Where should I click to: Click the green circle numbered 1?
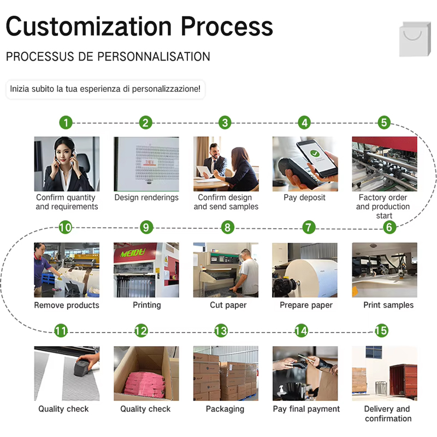pyautogui.click(x=66, y=122)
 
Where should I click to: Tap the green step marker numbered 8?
pyautogui.click(x=227, y=227)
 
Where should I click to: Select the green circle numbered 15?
pyautogui.click(x=381, y=331)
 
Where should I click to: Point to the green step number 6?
pyautogui.click(x=389, y=227)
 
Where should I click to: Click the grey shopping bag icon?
pyautogui.click(x=415, y=39)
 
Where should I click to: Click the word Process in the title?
pyautogui.click(x=227, y=26)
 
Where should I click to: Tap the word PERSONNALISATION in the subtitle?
pyautogui.click(x=153, y=57)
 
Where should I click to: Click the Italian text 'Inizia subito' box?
pyautogui.click(x=105, y=89)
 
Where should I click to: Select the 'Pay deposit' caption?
pyautogui.click(x=304, y=197)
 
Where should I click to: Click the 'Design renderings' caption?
pyautogui.click(x=146, y=197)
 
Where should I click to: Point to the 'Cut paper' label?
pyautogui.click(x=228, y=305)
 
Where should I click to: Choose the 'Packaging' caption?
pyautogui.click(x=225, y=409)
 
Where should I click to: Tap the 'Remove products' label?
pyautogui.click(x=67, y=305)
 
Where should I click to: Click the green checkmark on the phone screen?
pyautogui.click(x=315, y=153)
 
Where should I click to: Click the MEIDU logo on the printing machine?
pyautogui.click(x=133, y=253)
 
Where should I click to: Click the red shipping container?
pyautogui.click(x=403, y=380)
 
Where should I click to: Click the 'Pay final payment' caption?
pyautogui.click(x=306, y=409)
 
